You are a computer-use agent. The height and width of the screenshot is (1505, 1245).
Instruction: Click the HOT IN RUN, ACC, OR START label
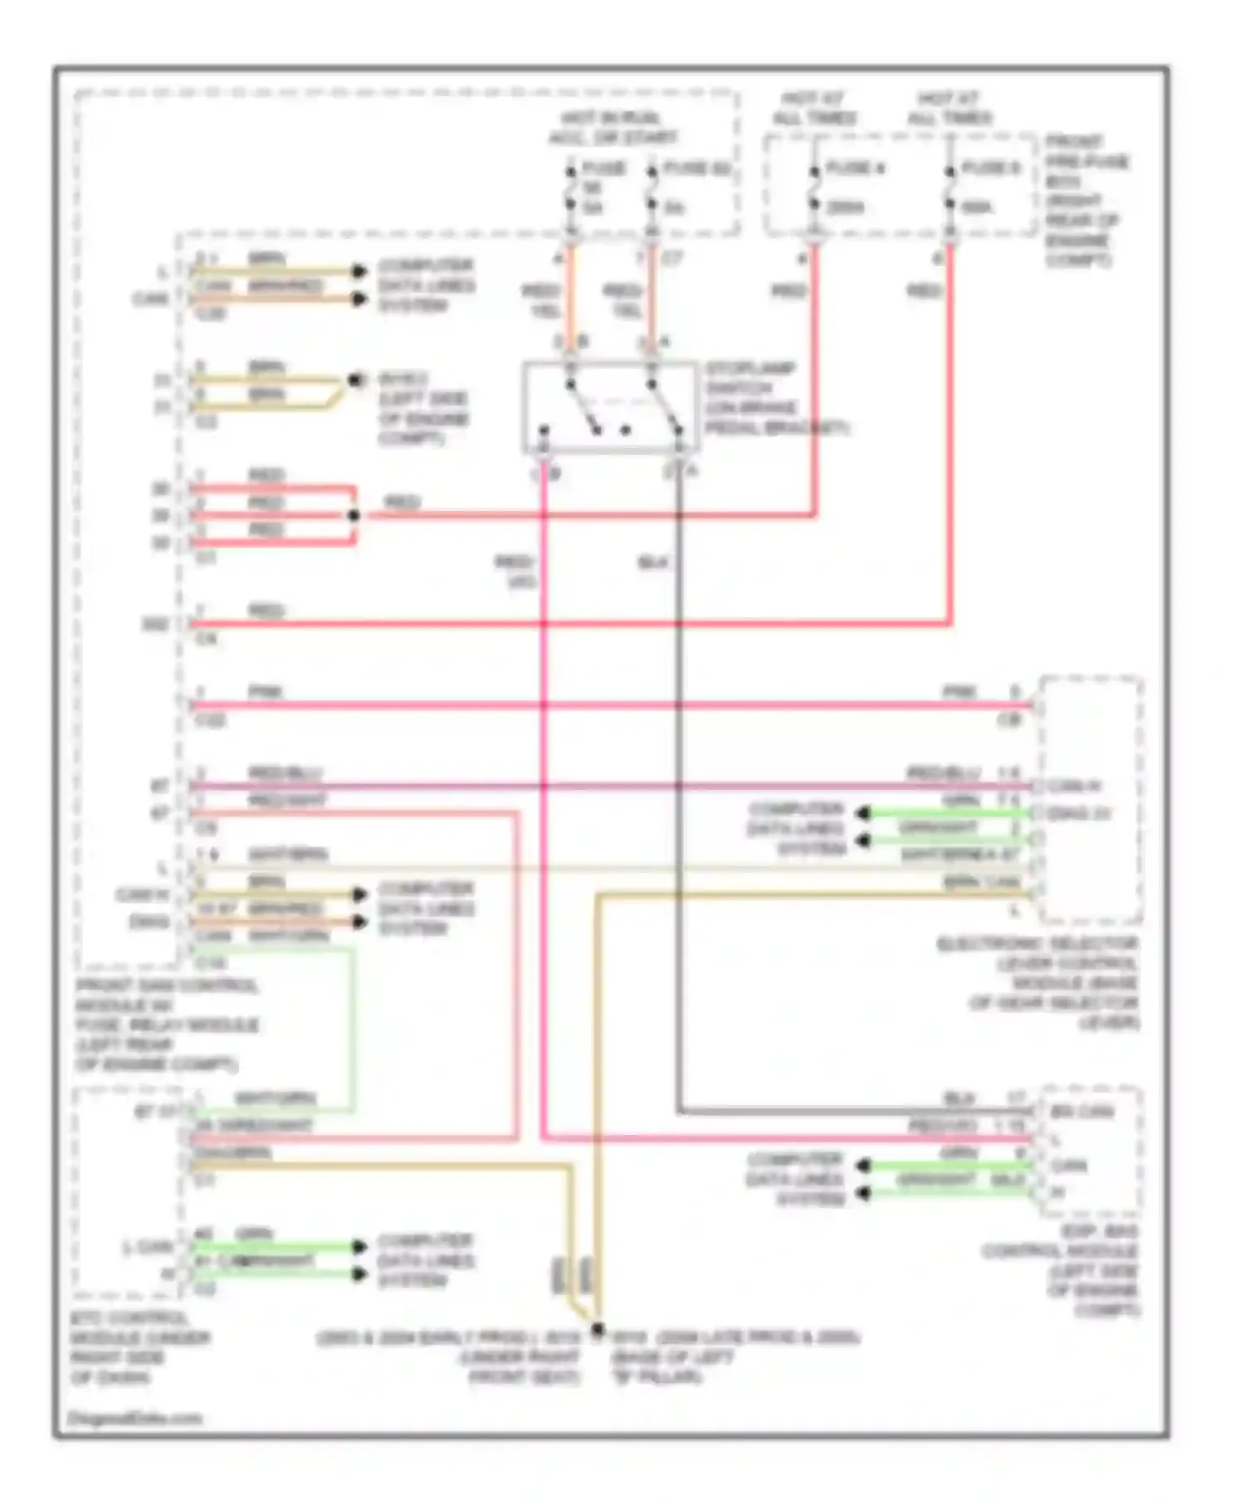612,128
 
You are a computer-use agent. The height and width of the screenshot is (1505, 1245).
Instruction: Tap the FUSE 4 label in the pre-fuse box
855,168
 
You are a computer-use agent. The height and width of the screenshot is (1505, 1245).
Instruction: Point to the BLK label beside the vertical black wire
653,563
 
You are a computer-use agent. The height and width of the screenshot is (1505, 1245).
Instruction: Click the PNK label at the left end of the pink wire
265,692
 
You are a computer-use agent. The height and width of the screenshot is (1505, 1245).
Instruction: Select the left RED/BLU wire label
286,773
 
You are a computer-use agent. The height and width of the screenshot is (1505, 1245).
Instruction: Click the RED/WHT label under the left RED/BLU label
287,801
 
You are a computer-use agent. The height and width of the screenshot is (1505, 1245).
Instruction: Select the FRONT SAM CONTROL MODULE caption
166,1025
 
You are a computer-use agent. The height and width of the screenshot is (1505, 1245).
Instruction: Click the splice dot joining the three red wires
354,516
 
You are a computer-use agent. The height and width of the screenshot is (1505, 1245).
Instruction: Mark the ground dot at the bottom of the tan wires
597,1328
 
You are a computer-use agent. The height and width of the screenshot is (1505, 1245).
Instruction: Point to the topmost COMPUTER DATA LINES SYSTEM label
426,285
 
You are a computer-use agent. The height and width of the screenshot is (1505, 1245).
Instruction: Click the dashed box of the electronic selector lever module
1091,800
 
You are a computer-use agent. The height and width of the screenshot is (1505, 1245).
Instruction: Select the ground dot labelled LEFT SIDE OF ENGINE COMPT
355,381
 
